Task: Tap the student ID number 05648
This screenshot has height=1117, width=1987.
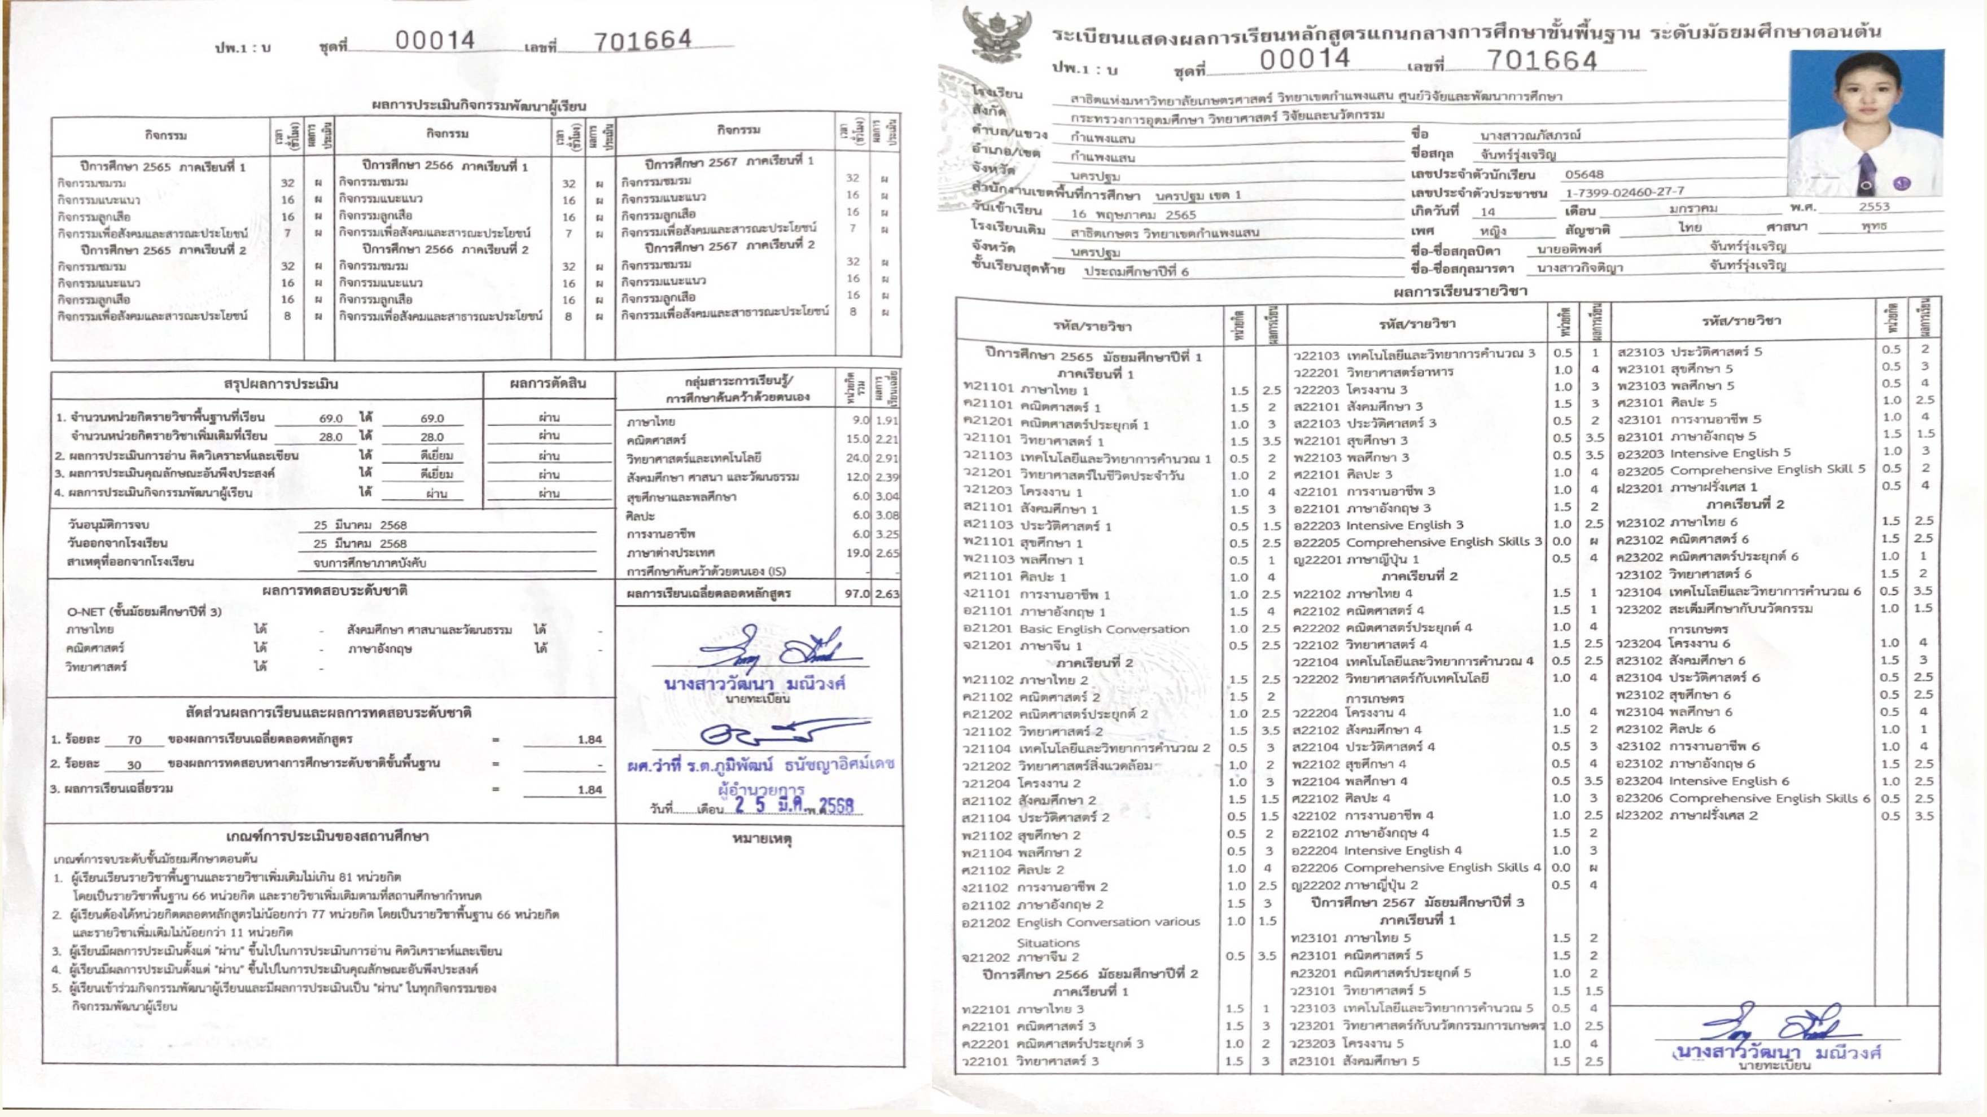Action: coord(1585,174)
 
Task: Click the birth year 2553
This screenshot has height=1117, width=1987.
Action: coord(1874,206)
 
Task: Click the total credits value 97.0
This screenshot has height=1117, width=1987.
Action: coord(856,593)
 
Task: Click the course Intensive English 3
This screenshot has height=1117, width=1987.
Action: coord(1403,525)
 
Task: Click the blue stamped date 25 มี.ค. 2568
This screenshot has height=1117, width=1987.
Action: coord(794,806)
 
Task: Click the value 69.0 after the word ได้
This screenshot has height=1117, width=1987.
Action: coord(431,418)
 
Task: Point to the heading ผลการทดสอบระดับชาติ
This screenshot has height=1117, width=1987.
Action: coord(334,591)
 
